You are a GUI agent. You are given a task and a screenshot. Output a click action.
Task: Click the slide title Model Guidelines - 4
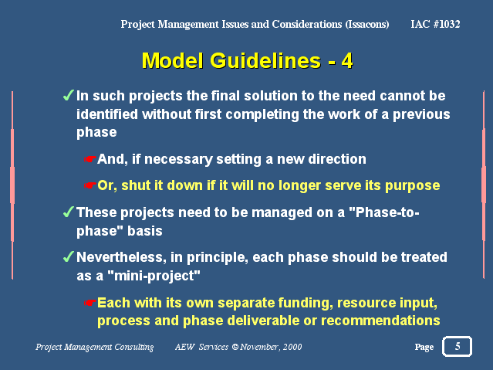[x=248, y=60]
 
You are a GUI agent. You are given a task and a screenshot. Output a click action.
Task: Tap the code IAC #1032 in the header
[x=435, y=24]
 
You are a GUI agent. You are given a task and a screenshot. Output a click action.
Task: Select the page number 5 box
[x=458, y=346]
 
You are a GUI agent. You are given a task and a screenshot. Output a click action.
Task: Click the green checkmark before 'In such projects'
[x=69, y=95]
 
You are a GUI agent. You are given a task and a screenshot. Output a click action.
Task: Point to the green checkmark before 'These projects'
[x=69, y=212]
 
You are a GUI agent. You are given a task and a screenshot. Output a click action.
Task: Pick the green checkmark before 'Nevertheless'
[x=69, y=256]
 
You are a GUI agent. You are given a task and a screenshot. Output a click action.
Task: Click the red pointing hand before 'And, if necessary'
[x=90, y=159]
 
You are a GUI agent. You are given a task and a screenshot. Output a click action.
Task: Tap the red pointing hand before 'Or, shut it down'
[x=90, y=185]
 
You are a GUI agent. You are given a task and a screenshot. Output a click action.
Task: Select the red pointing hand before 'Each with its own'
[x=90, y=303]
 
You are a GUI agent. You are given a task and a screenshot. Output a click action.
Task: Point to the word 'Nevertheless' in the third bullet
[x=121, y=257]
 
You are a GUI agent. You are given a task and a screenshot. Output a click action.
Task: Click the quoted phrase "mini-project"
[x=154, y=276]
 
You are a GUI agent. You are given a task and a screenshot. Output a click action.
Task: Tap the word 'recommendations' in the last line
[x=380, y=321]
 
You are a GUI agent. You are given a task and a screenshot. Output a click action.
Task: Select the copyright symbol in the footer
[x=235, y=347]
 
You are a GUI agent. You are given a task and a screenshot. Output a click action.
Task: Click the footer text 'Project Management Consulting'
[x=95, y=347]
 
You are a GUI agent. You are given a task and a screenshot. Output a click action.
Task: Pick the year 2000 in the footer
[x=292, y=347]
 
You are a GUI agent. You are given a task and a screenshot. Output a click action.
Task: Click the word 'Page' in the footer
[x=424, y=347]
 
